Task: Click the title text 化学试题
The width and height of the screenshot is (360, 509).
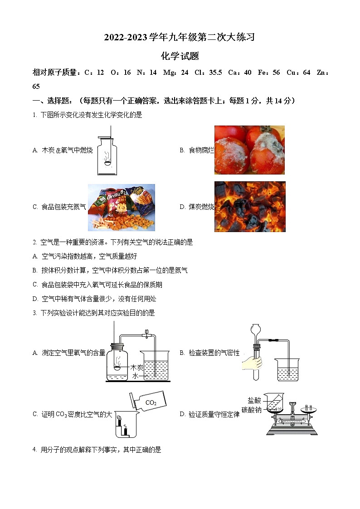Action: point(180,57)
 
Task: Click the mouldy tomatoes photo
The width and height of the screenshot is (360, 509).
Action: point(249,150)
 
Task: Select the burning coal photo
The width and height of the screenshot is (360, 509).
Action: point(250,207)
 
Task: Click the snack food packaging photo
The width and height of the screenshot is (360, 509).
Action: point(121,207)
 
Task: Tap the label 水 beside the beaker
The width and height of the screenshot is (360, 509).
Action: point(135,376)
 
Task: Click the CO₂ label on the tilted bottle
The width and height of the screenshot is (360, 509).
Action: point(151,402)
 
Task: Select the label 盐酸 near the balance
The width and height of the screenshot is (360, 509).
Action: point(254,400)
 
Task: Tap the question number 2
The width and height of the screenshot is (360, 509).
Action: point(34,242)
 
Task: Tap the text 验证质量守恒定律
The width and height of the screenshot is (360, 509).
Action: point(214,414)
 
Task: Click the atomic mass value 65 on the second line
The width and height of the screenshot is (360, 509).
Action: point(36,87)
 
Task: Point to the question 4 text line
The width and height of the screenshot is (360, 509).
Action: point(97,450)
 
